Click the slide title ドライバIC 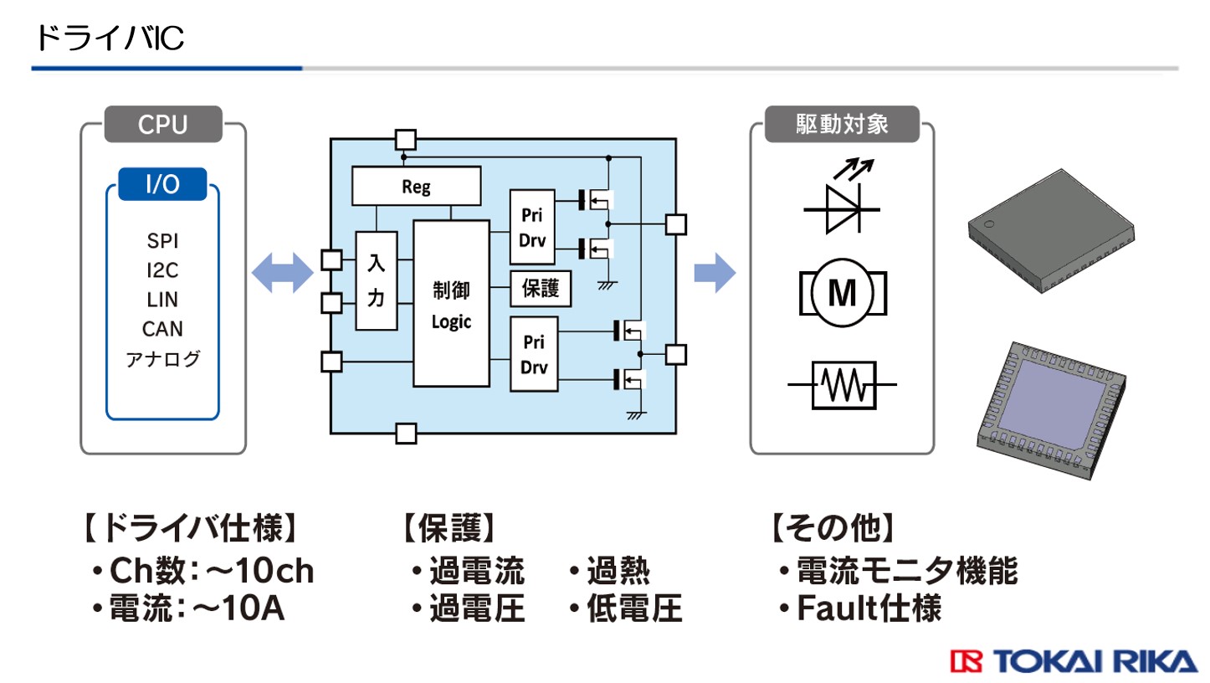click(x=109, y=38)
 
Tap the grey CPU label click(x=163, y=126)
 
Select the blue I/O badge click(x=162, y=184)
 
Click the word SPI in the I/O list click(x=162, y=242)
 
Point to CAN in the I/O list click(x=162, y=328)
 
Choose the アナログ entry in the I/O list click(x=162, y=359)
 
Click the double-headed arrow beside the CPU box click(x=282, y=274)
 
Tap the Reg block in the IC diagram click(x=416, y=186)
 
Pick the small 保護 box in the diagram click(x=541, y=290)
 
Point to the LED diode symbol click(x=841, y=199)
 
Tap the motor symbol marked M click(x=842, y=292)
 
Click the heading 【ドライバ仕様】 click(x=192, y=529)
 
